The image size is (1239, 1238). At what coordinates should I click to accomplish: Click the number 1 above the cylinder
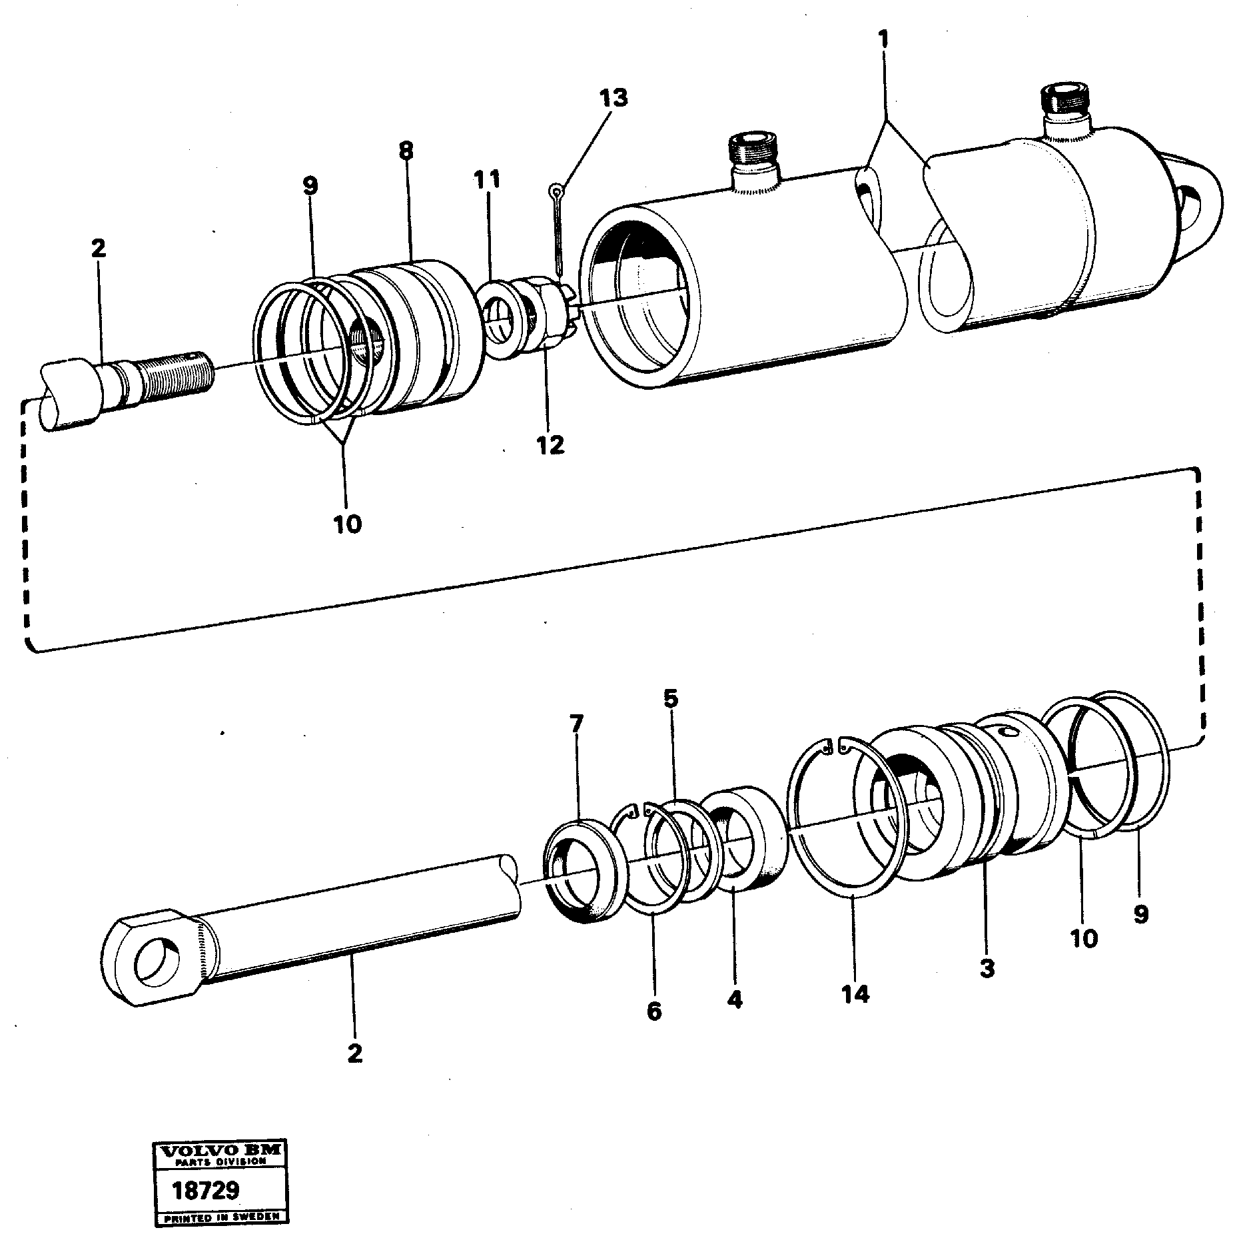[x=883, y=39]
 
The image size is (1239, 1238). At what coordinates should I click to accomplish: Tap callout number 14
[x=855, y=1013]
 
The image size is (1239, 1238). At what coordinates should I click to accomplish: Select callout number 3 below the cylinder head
[x=987, y=967]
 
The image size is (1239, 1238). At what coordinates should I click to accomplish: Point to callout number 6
[x=654, y=1011]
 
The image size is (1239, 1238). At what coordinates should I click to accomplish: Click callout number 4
[x=735, y=999]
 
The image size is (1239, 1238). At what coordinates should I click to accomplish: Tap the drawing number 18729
[x=205, y=1191]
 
